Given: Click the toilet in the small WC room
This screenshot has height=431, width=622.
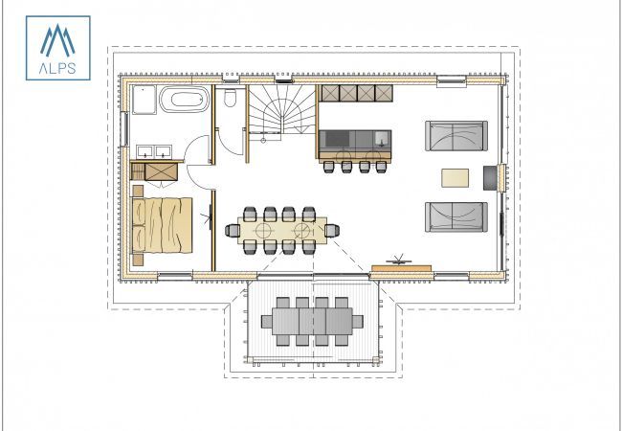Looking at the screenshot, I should (231, 99).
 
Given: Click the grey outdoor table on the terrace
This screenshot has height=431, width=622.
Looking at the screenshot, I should (313, 321).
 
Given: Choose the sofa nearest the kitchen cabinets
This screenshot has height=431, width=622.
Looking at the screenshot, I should (456, 138).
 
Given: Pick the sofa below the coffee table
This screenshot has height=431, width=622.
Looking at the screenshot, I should (456, 216).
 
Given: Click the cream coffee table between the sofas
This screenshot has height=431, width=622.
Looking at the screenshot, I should (455, 177).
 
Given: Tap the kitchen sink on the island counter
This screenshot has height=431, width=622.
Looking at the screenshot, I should (381, 141).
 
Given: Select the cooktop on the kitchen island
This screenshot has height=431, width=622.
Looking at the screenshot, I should (338, 141).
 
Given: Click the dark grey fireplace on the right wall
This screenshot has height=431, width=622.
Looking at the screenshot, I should (492, 177).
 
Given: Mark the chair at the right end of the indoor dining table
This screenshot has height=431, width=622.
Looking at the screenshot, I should (331, 230).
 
